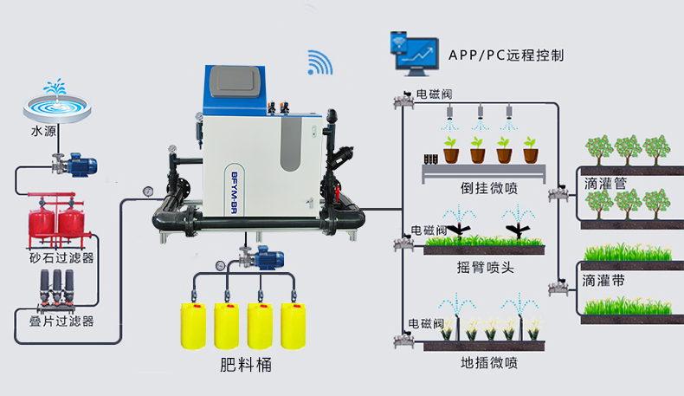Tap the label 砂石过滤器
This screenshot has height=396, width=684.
click(x=61, y=258)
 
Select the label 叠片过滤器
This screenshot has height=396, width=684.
click(x=61, y=321)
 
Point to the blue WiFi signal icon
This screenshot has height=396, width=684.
click(x=319, y=63)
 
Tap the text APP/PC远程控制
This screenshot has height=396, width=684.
click(x=506, y=55)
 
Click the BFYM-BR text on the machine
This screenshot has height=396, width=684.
click(x=234, y=192)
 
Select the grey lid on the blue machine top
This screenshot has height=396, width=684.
click(x=236, y=82)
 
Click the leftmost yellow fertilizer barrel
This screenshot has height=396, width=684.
click(x=193, y=326)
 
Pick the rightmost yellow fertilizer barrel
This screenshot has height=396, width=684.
click(x=294, y=326)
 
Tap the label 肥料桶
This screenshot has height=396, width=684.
click(x=246, y=365)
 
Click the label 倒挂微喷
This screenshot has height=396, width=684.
click(x=489, y=188)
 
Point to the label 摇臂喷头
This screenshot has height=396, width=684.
click(x=485, y=267)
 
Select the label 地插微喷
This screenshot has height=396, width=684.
click(x=489, y=363)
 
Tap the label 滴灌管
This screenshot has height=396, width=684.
click(x=605, y=184)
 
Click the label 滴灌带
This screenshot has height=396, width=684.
click(x=603, y=280)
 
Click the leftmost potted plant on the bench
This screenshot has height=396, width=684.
click(x=450, y=150)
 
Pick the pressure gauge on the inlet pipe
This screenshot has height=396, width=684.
click(x=148, y=192)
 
